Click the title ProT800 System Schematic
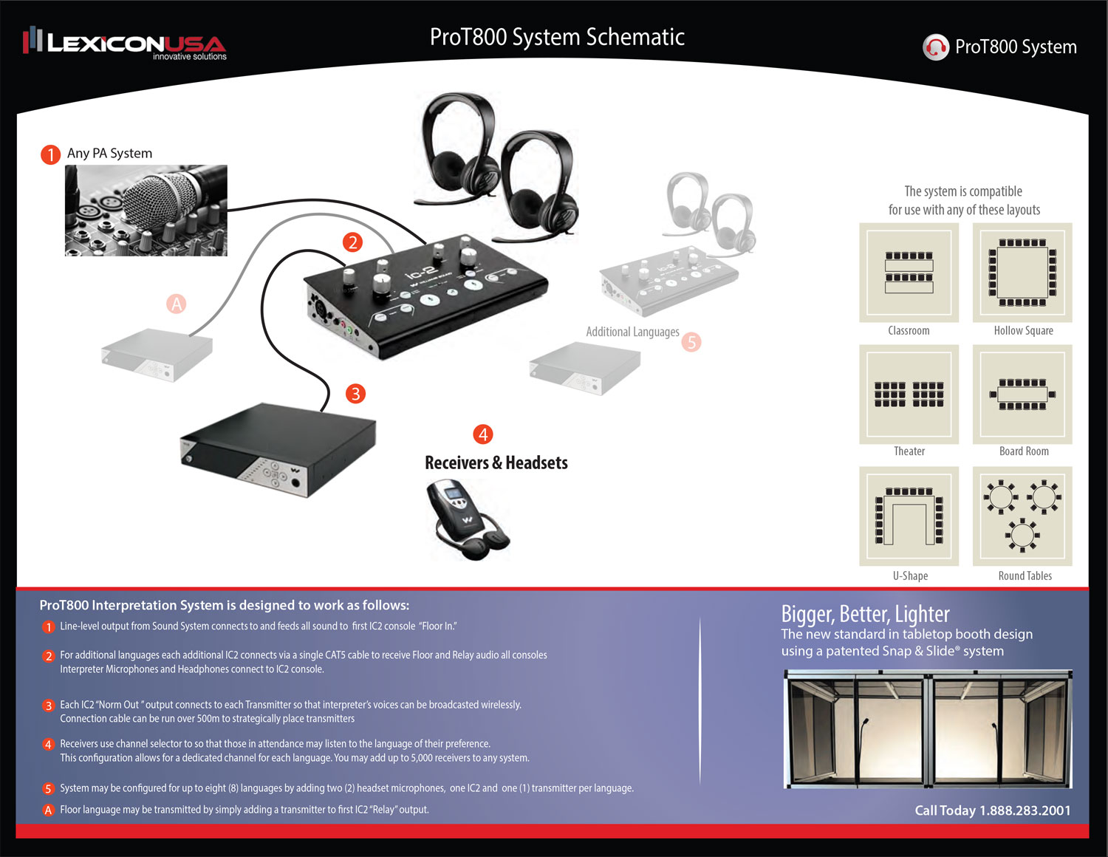pyautogui.click(x=557, y=37)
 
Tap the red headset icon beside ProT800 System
pyautogui.click(x=935, y=47)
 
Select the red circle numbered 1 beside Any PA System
pyautogui.click(x=50, y=154)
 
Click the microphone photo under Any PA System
pyautogui.click(x=146, y=211)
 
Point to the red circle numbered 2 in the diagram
pyautogui.click(x=352, y=242)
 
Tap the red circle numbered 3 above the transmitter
pyautogui.click(x=355, y=394)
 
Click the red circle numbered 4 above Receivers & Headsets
pyautogui.click(x=483, y=434)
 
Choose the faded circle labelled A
pyautogui.click(x=176, y=304)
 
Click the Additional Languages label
pyautogui.click(x=632, y=332)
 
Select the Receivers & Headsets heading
pyautogui.click(x=496, y=463)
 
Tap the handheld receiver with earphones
pyautogui.click(x=468, y=519)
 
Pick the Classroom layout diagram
pyautogui.click(x=909, y=273)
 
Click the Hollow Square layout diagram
pyautogui.click(x=1022, y=273)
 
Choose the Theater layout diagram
pyautogui.click(x=909, y=395)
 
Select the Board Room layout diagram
pyautogui.click(x=1022, y=395)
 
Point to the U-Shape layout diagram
pyautogui.click(x=909, y=516)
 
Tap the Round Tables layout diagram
pyautogui.click(x=1022, y=516)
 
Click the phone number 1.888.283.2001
pyautogui.click(x=1025, y=810)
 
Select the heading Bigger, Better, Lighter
pyautogui.click(x=865, y=614)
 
